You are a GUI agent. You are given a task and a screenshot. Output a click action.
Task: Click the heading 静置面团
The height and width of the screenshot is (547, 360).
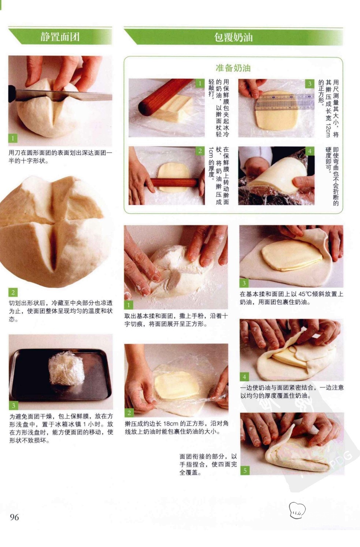click(x=60, y=37)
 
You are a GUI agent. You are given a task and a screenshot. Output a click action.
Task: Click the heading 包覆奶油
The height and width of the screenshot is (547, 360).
click(x=233, y=37)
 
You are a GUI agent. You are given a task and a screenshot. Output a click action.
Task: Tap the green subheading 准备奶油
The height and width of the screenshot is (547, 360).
click(x=233, y=68)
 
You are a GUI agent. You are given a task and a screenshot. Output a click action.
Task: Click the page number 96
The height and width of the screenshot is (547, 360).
click(x=14, y=517)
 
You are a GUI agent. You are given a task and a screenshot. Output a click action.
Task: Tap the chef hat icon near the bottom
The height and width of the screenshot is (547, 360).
click(x=297, y=510)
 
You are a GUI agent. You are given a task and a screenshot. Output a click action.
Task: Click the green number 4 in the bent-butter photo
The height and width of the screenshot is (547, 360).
click(x=310, y=152)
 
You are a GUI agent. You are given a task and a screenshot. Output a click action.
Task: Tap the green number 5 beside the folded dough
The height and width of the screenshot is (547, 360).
click(x=245, y=470)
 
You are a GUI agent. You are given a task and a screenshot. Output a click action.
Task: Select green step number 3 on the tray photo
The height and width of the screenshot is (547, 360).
click(x=14, y=405)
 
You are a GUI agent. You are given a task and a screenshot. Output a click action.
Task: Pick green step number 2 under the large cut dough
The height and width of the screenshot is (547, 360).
click(x=13, y=292)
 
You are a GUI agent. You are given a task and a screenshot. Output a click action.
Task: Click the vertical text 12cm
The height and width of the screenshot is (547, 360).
click(x=328, y=130)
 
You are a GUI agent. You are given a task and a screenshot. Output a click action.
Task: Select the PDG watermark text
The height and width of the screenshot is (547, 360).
click(x=341, y=459)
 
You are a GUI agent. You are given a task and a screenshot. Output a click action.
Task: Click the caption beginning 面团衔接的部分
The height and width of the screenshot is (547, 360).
click(x=208, y=464)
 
